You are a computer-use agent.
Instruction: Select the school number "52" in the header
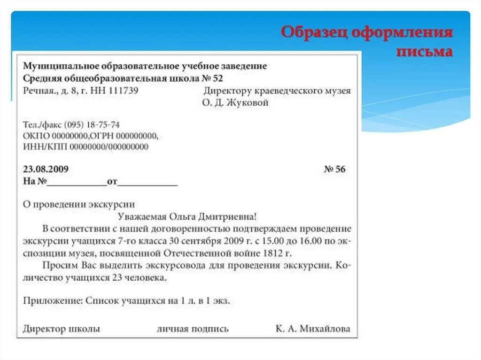point(218,78)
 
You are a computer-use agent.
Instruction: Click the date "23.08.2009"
point(46,169)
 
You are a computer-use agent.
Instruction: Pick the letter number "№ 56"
point(334,169)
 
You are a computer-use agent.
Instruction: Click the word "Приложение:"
point(53,301)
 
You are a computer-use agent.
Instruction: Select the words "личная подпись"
point(193,329)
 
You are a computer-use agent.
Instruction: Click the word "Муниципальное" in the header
point(56,66)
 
